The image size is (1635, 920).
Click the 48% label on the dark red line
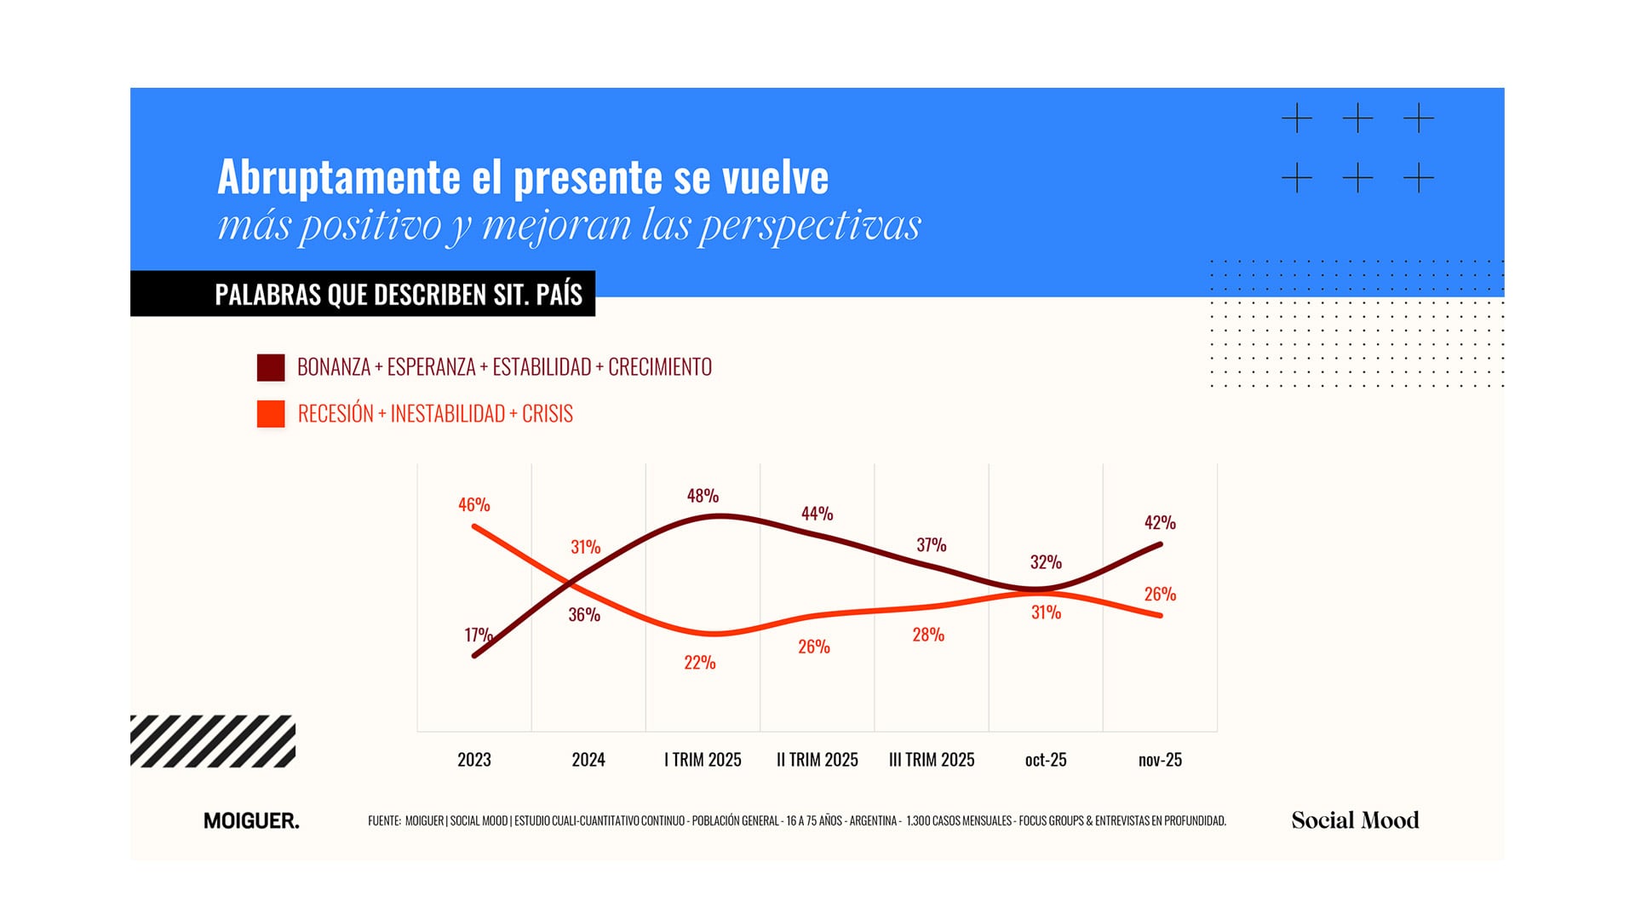tap(703, 496)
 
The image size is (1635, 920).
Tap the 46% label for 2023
tap(473, 505)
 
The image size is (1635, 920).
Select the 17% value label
tap(478, 635)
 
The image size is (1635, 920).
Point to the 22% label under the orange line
tap(699, 663)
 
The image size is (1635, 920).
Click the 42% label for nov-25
tap(1159, 523)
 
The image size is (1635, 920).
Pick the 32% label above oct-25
tap(1046, 562)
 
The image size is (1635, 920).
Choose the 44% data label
tap(817, 514)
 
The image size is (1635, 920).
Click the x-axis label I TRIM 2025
tap(703, 760)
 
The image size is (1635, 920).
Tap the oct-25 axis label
tap(1046, 760)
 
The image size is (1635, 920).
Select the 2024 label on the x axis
tap(588, 760)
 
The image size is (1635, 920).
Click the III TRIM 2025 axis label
tap(932, 760)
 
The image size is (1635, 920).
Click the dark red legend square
tap(271, 367)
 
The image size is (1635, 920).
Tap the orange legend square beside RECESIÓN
tap(271, 414)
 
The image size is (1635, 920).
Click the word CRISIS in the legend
tap(547, 414)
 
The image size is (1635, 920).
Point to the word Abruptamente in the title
tap(339, 177)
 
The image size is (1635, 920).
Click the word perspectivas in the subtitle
tap(810, 226)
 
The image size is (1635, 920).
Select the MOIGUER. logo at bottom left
tap(251, 821)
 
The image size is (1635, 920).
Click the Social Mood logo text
tap(1355, 820)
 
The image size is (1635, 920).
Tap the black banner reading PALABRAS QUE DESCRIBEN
tap(363, 294)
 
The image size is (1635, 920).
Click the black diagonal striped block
tap(213, 741)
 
